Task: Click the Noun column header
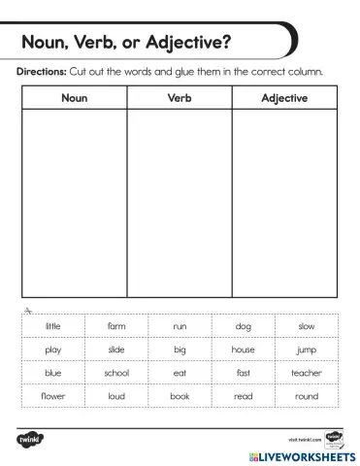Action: [x=75, y=98]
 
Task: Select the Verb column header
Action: [x=180, y=98]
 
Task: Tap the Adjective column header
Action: [x=284, y=98]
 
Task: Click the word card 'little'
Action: [x=52, y=326]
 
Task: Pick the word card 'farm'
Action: [x=116, y=326]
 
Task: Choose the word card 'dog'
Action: [x=244, y=326]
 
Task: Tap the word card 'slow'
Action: [x=307, y=326]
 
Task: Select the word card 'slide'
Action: [x=116, y=349]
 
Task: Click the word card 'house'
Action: [x=244, y=349]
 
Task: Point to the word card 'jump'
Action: [x=307, y=349]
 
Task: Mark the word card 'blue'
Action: [x=52, y=373]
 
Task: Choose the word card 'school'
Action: [x=116, y=373]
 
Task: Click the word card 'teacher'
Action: [x=307, y=373]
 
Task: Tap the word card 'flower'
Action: [x=52, y=396]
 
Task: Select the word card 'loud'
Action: [x=116, y=396]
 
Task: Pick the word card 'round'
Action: [x=307, y=396]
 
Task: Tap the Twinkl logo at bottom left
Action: [x=32, y=439]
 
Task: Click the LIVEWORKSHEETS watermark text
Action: [x=300, y=454]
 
